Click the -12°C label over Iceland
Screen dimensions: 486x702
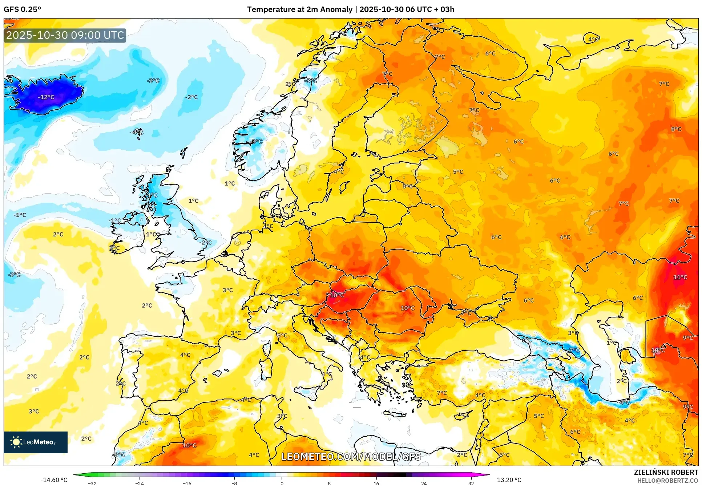pos(46,97)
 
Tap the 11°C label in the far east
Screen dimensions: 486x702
pos(680,277)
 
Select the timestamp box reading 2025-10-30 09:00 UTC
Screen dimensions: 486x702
pos(65,35)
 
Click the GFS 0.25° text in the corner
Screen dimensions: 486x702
pos(22,9)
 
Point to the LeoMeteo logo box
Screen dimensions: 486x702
pos(36,442)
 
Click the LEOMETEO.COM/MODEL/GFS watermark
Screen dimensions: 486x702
pos(351,457)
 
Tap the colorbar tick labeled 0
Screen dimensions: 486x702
pos(282,483)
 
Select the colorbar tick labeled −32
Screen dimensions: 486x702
pos(92,483)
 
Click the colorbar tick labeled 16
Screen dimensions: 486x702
pos(376,483)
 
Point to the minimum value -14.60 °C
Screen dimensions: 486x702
pos(54,480)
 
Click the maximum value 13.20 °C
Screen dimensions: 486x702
pos(509,480)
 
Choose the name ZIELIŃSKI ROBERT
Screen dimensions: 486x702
pos(666,472)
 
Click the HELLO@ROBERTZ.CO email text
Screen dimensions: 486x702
pos(667,481)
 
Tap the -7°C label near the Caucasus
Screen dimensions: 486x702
pos(574,350)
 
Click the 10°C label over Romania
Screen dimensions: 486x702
pos(407,308)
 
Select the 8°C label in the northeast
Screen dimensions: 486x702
pos(676,129)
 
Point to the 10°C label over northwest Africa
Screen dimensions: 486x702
pos(189,445)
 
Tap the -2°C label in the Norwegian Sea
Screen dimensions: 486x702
pos(191,97)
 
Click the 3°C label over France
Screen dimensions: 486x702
pos(228,290)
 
